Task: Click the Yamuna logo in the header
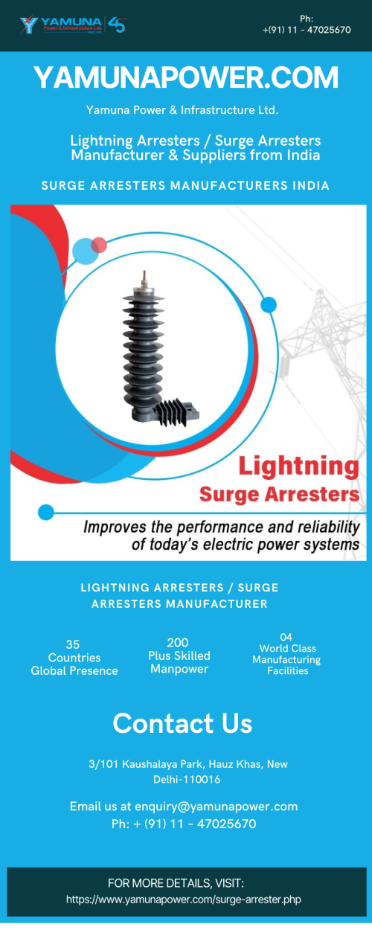(x=73, y=25)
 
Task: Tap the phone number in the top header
(x=307, y=30)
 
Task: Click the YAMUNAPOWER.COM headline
(x=186, y=77)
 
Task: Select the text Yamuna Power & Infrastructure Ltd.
(x=182, y=110)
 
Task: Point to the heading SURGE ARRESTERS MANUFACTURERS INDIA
(x=185, y=185)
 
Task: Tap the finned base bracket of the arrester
(x=176, y=412)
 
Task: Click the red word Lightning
(x=298, y=467)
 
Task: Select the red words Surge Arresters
(x=280, y=495)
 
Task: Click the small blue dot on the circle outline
(x=268, y=305)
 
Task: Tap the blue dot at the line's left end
(x=46, y=512)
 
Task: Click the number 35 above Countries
(x=73, y=644)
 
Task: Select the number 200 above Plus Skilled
(x=178, y=643)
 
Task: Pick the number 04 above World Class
(x=286, y=637)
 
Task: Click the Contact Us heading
(x=183, y=723)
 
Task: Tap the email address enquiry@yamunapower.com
(x=217, y=806)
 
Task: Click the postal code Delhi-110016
(x=187, y=779)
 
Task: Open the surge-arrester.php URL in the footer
(x=184, y=899)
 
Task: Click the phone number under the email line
(x=184, y=824)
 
